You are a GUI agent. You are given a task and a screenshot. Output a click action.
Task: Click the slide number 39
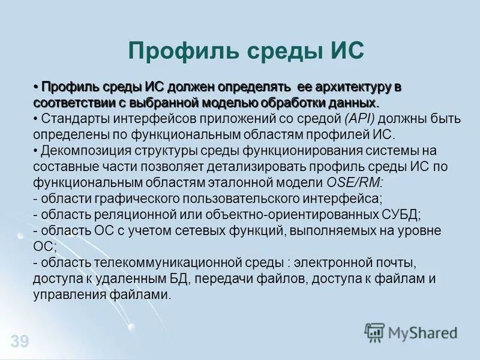pos(19,342)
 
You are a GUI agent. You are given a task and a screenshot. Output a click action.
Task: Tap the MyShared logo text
pos(422,332)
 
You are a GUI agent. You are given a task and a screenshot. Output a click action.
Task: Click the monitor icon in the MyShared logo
pos(374,332)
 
